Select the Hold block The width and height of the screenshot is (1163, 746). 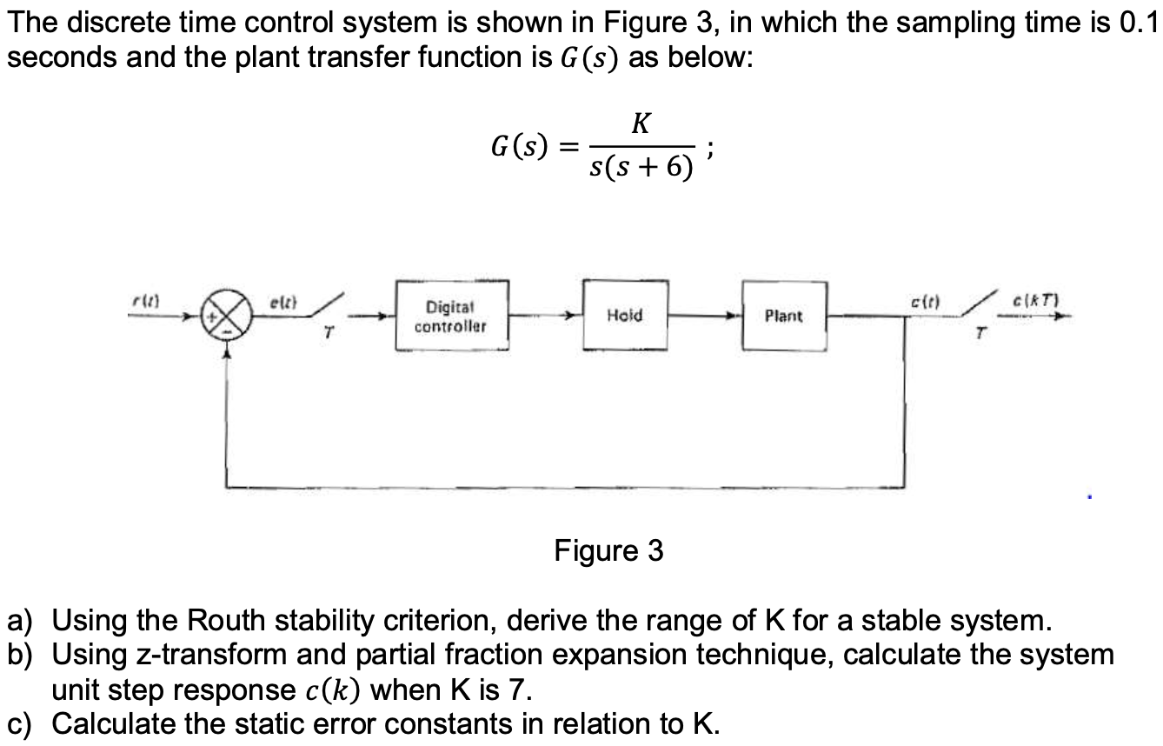[624, 315]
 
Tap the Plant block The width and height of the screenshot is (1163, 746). [783, 316]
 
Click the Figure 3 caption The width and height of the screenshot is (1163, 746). [608, 550]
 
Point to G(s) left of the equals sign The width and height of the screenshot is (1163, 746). [520, 144]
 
